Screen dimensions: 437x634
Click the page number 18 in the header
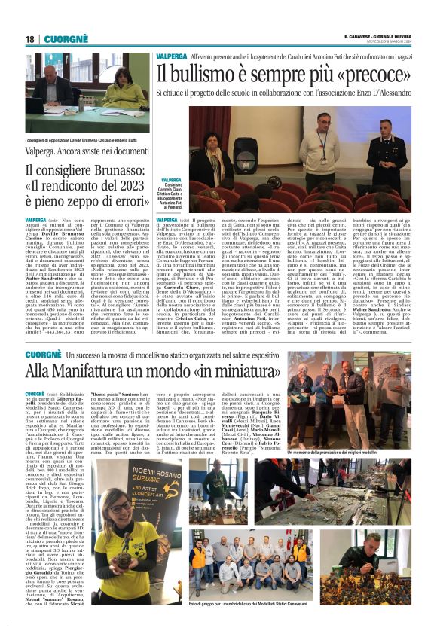(29, 38)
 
